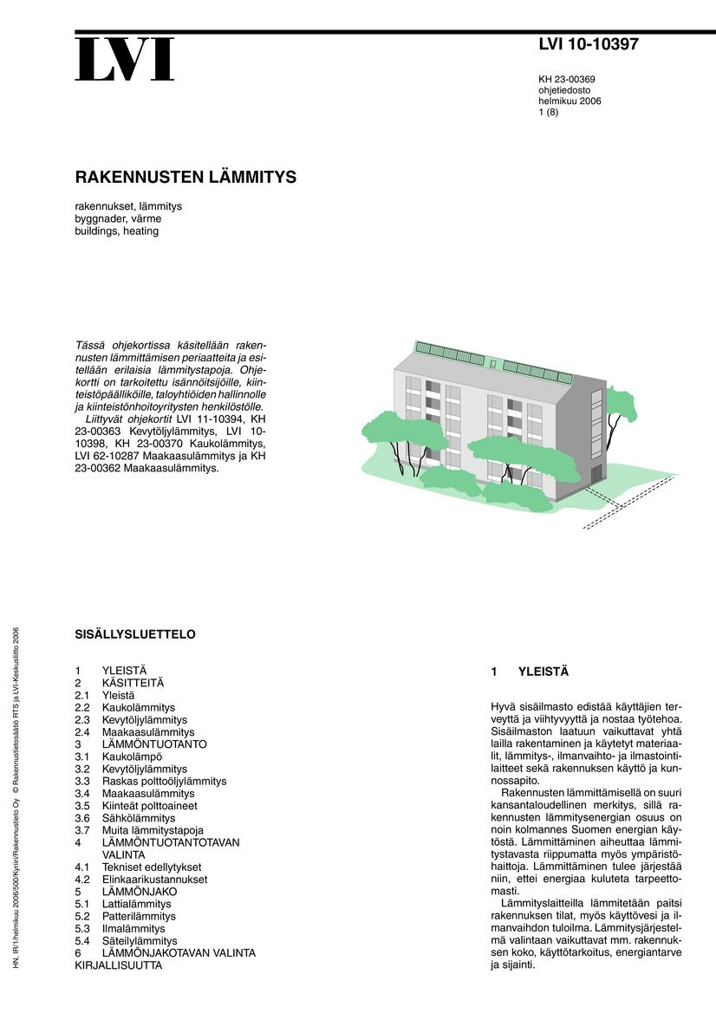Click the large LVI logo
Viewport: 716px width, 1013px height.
pyautogui.click(x=124, y=61)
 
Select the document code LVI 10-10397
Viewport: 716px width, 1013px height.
pyautogui.click(x=588, y=45)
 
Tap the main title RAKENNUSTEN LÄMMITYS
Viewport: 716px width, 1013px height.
pyautogui.click(x=186, y=178)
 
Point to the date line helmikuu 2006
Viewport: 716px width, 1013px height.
pyautogui.click(x=570, y=101)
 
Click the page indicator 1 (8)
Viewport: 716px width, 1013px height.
pyautogui.click(x=549, y=112)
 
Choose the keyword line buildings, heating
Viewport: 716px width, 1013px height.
pyautogui.click(x=117, y=231)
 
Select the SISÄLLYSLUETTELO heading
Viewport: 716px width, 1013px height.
pyautogui.click(x=135, y=634)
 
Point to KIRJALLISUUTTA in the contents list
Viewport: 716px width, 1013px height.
pyautogui.click(x=119, y=965)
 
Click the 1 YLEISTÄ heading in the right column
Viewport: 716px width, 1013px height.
pyautogui.click(x=530, y=672)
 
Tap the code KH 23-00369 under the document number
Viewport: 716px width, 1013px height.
pyautogui.click(x=567, y=79)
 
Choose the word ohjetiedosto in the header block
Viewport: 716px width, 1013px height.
pyautogui.click(x=564, y=89)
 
